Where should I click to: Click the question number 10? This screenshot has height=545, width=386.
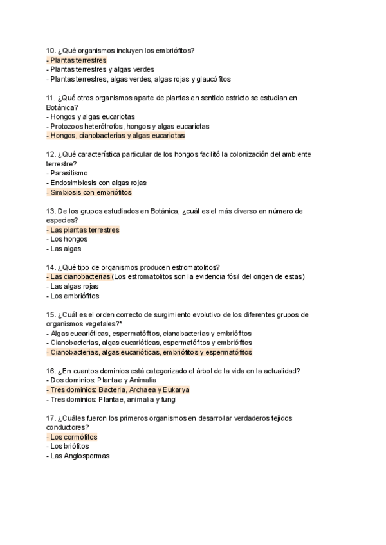point(50,51)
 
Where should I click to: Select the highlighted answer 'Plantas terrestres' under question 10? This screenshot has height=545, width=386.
point(78,60)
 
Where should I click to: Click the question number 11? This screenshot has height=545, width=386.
point(50,98)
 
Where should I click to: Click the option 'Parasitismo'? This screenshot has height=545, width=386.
point(69,173)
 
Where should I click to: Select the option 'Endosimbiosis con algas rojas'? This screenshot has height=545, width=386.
point(93,183)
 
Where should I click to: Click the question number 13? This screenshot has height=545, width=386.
point(50,211)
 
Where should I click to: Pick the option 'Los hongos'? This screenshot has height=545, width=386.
point(69,239)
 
